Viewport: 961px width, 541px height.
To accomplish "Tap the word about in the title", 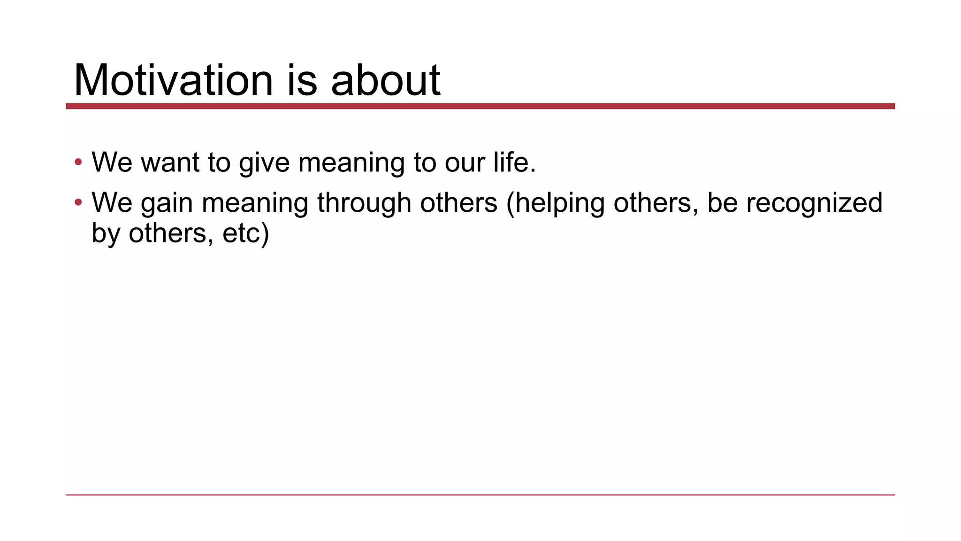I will coord(385,81).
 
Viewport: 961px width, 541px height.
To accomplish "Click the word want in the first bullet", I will coord(170,162).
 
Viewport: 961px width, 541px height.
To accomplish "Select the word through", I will coord(364,203).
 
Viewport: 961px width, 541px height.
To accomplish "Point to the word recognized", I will coord(814,203).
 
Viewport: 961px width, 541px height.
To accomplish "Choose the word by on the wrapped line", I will coord(106,233).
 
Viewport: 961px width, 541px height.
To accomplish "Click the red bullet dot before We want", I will coord(78,162).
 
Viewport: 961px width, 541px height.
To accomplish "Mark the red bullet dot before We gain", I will coord(78,203).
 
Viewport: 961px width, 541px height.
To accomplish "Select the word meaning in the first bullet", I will coord(351,163).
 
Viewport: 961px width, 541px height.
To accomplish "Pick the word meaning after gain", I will coord(255,203).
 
